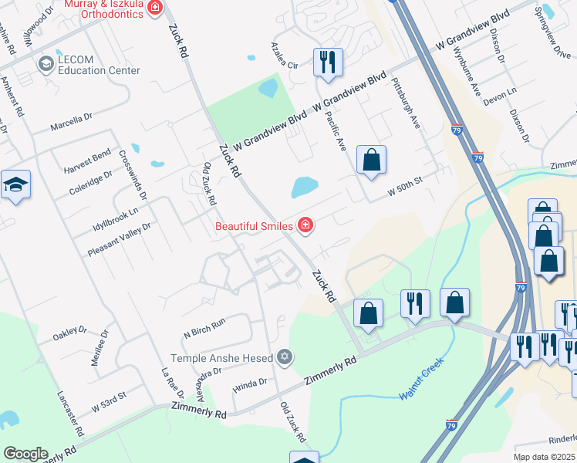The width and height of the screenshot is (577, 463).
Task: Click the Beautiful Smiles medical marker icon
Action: point(305,225)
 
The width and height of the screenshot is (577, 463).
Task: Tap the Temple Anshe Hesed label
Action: point(222,358)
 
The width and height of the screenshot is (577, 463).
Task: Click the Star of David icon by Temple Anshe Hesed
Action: point(285,357)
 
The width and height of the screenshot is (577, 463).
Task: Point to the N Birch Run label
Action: point(204,328)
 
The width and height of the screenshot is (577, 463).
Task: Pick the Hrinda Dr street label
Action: point(251,382)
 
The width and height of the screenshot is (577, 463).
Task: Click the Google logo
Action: point(25,454)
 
